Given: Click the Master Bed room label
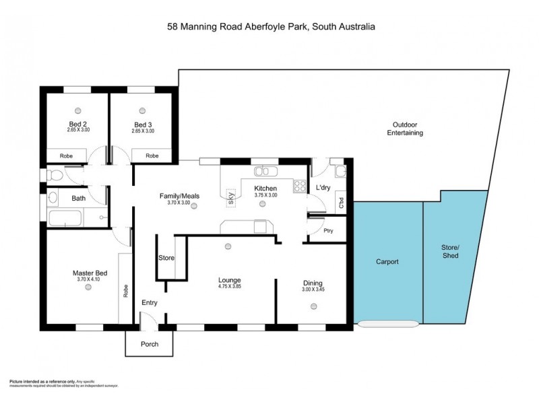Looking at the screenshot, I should [x=88, y=273].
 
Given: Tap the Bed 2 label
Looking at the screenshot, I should [x=78, y=124].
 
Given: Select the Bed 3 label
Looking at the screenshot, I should [x=143, y=124].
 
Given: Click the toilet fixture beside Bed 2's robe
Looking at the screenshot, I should [x=55, y=176].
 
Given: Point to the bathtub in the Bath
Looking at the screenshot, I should [x=65, y=218].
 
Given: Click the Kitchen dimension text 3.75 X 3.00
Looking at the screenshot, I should [x=265, y=195].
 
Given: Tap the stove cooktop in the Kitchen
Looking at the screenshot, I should [x=300, y=187].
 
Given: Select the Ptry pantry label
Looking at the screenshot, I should [x=328, y=231].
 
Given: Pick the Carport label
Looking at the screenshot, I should [x=387, y=261].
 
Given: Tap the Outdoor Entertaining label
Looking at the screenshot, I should [x=404, y=129].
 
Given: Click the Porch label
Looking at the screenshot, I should [x=149, y=344].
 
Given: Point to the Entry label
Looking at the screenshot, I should [x=149, y=302].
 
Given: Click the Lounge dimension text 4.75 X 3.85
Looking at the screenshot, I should [x=229, y=287].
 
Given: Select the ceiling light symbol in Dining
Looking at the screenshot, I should [x=313, y=306].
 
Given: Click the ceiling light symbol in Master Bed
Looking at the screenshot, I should [x=88, y=287].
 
